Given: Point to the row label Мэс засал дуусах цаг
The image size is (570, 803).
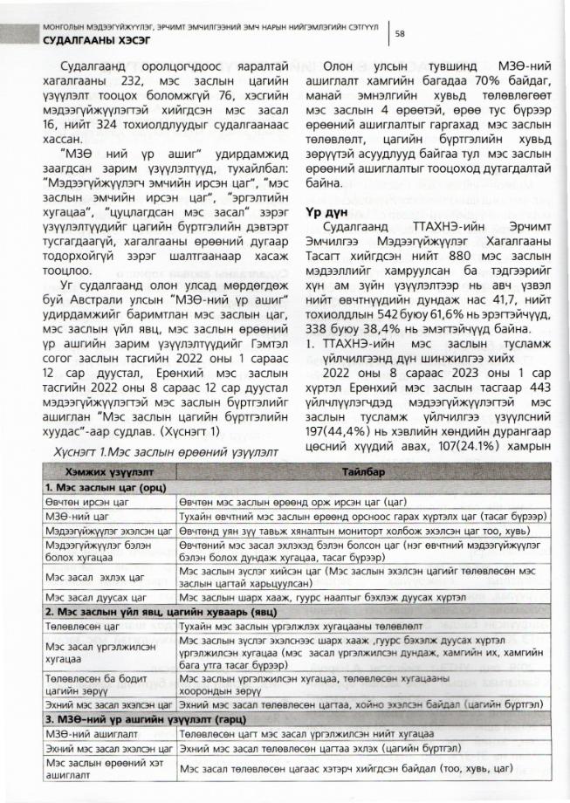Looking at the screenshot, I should pos(93,598).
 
